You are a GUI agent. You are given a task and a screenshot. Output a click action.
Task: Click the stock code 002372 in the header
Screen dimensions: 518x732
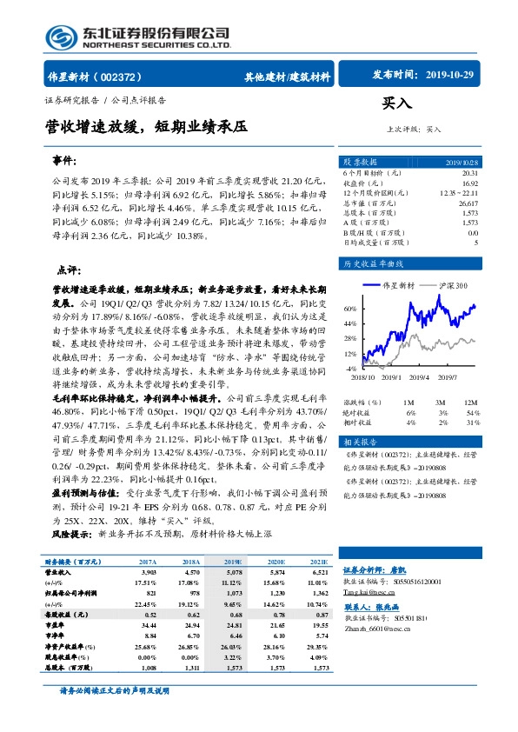coord(128,76)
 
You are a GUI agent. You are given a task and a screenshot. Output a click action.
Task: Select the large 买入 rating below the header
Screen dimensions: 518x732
coord(397,103)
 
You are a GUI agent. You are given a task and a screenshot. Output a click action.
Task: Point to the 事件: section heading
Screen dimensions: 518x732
coord(65,162)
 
